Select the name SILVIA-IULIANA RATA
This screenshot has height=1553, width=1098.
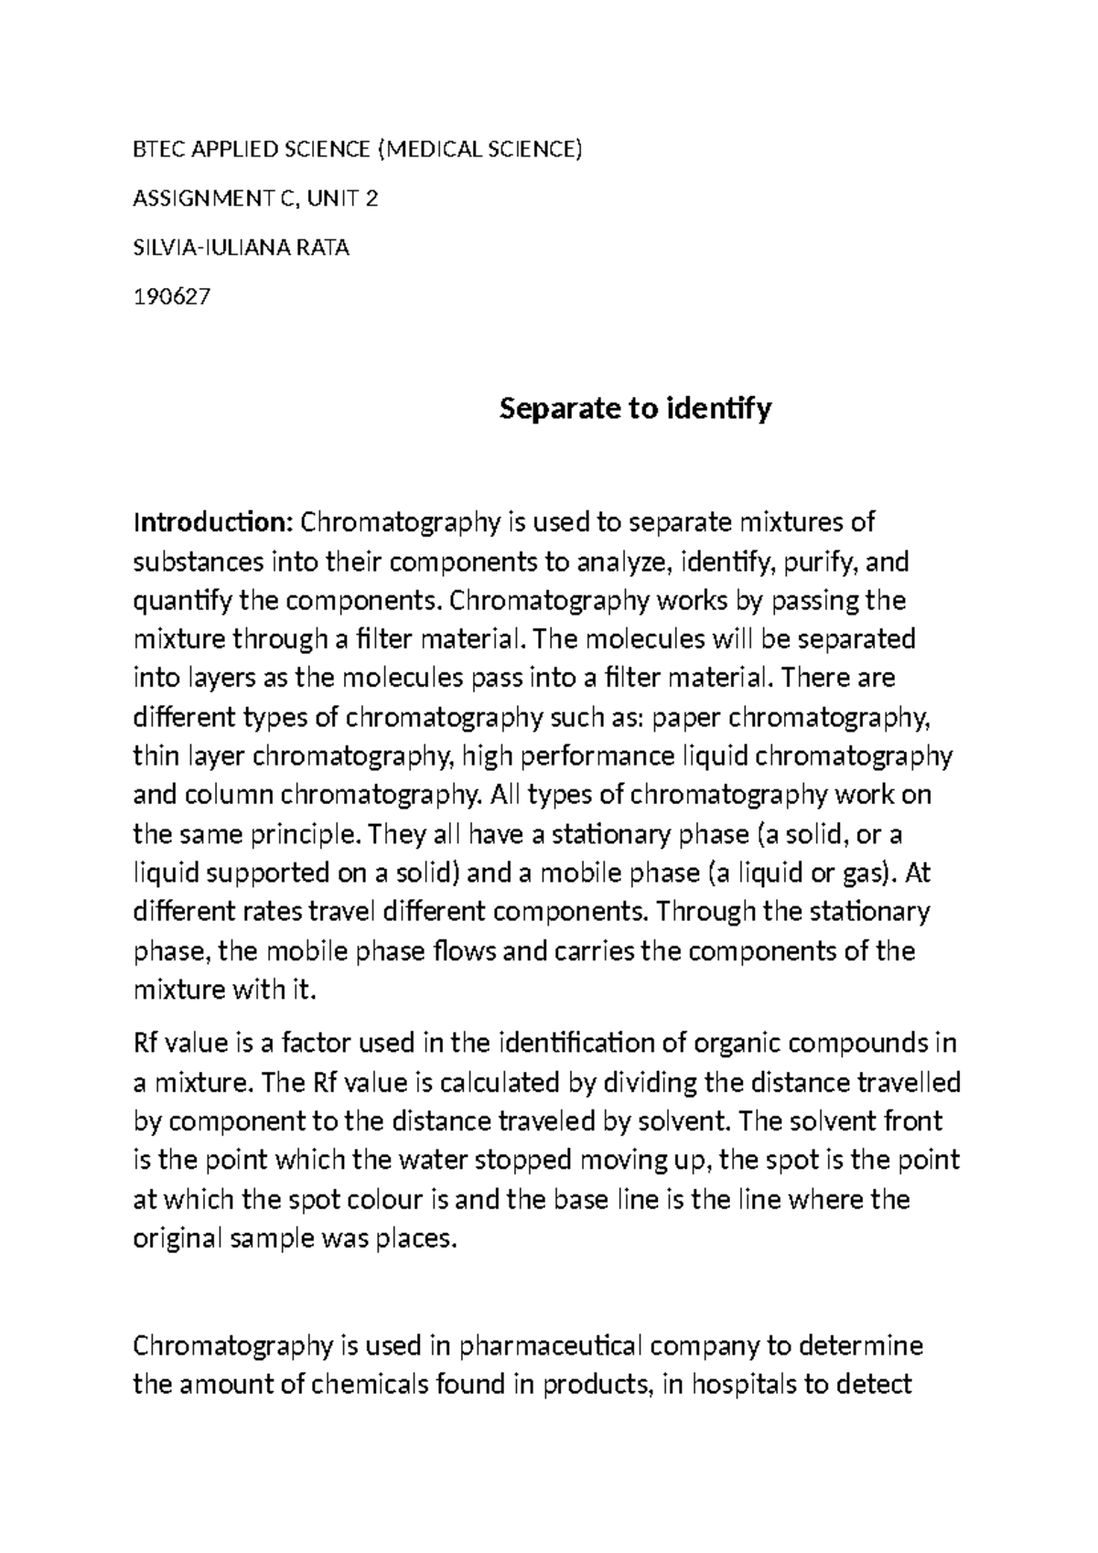point(242,247)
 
